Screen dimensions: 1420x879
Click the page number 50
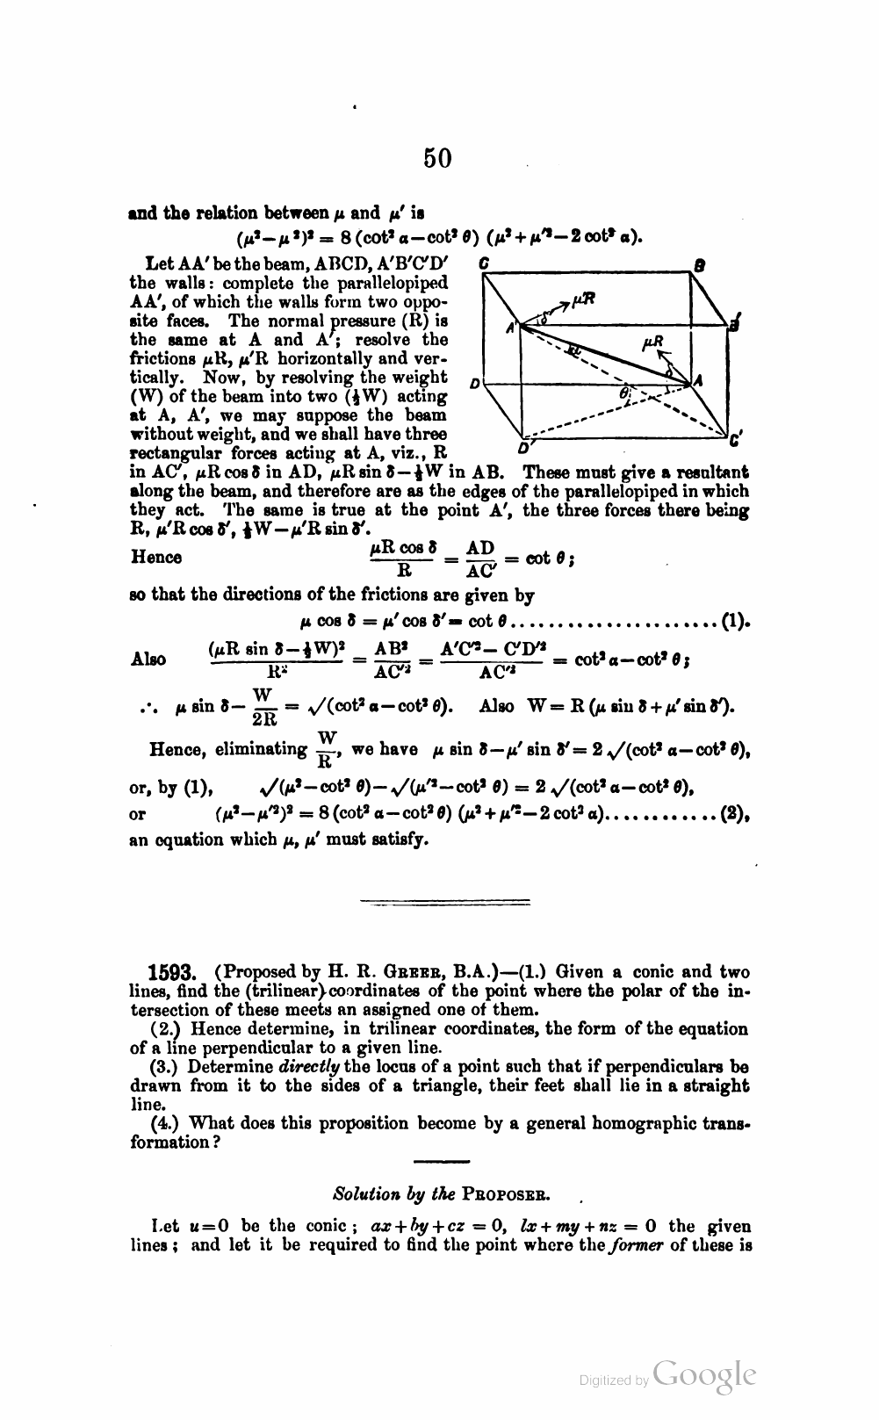click(x=437, y=158)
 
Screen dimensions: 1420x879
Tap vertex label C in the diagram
click(x=484, y=262)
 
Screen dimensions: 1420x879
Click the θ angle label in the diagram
click(x=624, y=394)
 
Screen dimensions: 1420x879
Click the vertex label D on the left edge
click(x=474, y=384)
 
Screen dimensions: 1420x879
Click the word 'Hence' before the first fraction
click(x=156, y=557)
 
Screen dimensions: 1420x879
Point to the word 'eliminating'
click(x=262, y=749)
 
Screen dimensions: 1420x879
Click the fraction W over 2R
click(x=263, y=707)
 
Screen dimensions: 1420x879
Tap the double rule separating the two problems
click(x=445, y=901)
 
